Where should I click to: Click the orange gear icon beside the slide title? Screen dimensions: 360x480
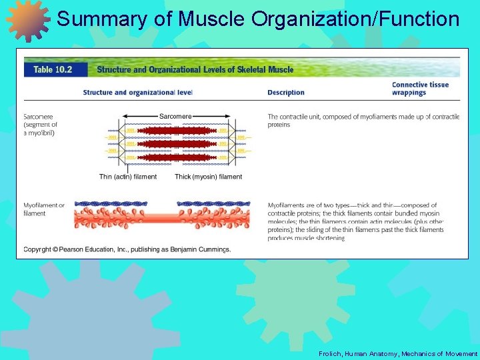tap(27, 20)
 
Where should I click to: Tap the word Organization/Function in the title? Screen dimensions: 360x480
tap(355, 19)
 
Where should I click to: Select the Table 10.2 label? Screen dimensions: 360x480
tap(52, 69)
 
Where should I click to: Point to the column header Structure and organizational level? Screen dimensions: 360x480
tap(137, 93)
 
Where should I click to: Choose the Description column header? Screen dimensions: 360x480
tap(286, 93)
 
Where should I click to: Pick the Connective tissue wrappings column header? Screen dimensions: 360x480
tap(420, 89)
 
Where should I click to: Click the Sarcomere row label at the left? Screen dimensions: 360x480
tap(41, 125)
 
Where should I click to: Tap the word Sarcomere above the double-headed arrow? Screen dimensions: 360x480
tap(175, 116)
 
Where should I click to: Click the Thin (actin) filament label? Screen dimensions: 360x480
tap(128, 177)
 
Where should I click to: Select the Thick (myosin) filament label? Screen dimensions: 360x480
tap(208, 177)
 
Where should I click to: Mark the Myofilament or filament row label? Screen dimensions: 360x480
tap(44, 209)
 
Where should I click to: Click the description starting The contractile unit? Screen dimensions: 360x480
tap(363, 121)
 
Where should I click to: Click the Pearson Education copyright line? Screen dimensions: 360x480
tap(127, 249)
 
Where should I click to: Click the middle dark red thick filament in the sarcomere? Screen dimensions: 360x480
tap(175, 143)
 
